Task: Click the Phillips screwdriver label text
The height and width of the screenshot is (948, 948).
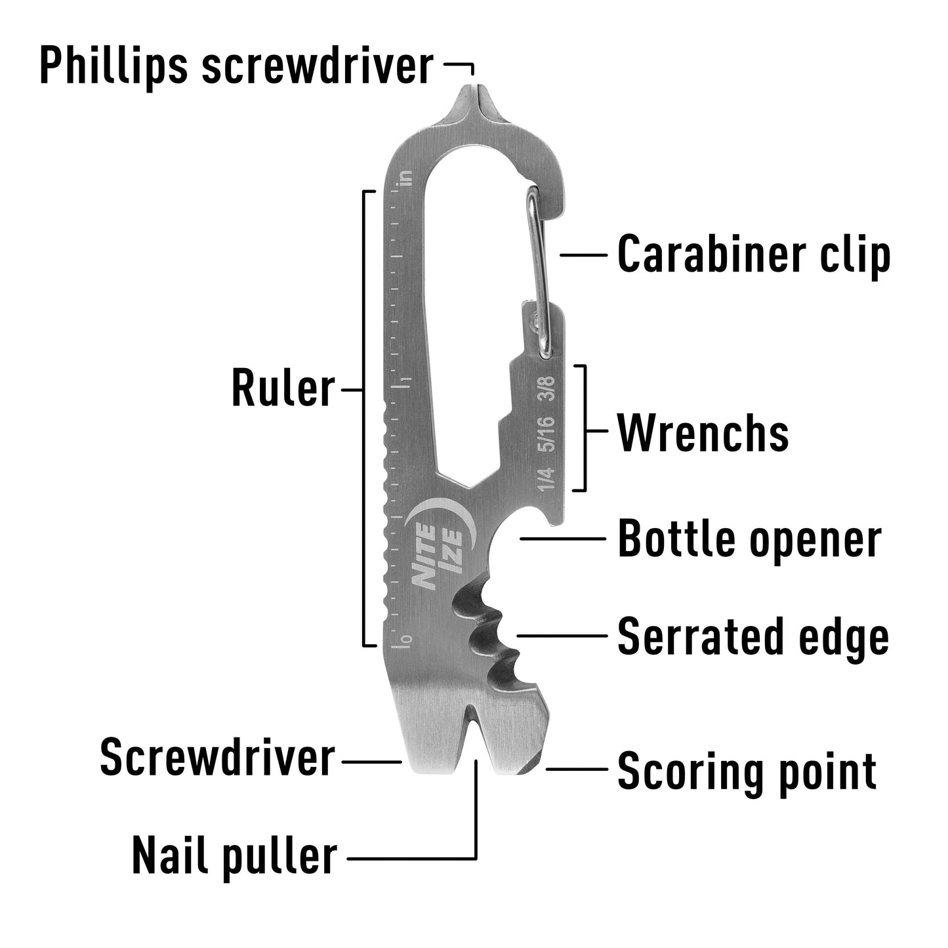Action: (236, 66)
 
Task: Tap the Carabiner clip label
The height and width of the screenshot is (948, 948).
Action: (754, 255)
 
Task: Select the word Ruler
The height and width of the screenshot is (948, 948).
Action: (283, 389)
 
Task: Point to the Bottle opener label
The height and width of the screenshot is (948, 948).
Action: (749, 539)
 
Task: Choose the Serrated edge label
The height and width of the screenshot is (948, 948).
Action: (753, 636)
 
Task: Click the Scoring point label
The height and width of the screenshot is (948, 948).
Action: (747, 771)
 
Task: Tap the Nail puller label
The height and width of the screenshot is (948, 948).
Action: (234, 856)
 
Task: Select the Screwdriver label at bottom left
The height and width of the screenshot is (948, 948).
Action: (217, 758)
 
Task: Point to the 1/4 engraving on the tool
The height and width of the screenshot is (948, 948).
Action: (546, 479)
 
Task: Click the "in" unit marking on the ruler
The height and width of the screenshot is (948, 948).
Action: (407, 178)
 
